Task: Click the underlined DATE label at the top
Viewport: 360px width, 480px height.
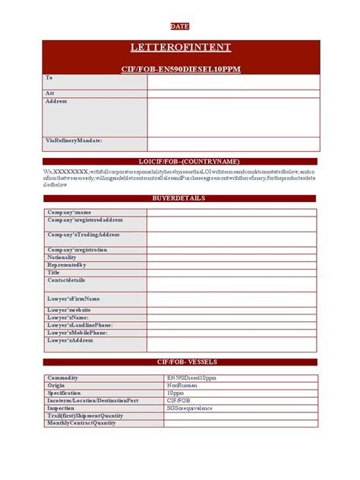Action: pos(180,25)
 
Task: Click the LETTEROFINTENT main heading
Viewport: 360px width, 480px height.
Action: pos(180,48)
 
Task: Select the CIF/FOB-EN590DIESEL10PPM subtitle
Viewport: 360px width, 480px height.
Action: pos(180,68)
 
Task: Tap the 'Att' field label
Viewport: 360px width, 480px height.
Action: pos(50,93)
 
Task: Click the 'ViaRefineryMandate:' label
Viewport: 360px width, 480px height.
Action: pos(74,141)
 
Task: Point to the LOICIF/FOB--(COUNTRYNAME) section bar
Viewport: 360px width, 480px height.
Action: pos(180,162)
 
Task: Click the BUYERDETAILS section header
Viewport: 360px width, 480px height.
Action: pos(180,198)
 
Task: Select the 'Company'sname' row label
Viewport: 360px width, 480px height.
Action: pos(69,212)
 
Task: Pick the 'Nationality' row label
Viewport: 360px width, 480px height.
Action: pos(62,257)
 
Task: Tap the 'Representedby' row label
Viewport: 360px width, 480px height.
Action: pos(67,265)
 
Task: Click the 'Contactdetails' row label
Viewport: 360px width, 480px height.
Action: pos(67,280)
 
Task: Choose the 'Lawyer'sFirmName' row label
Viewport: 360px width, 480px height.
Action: pos(74,298)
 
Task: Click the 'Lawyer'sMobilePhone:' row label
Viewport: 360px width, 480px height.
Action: pos(77,332)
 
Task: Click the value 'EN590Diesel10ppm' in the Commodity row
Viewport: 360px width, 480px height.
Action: pos(191,377)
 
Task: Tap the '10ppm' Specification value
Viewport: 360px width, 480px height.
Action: pos(176,393)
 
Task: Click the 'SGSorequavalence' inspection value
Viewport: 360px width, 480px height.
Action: pos(190,408)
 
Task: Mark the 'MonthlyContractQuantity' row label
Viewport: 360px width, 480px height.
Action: pos(81,423)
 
